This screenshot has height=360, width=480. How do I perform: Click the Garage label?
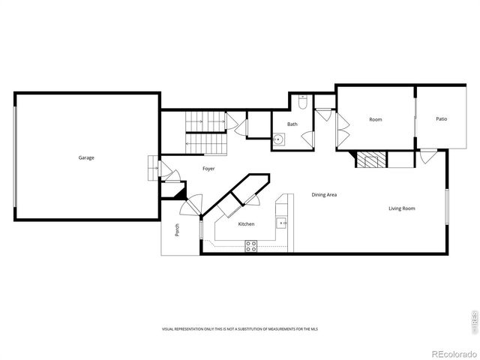[86, 157]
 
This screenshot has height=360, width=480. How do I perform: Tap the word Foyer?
[208, 169]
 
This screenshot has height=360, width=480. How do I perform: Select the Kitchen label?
[246, 224]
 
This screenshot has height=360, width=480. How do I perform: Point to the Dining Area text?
[324, 195]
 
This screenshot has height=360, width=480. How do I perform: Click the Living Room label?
[401, 208]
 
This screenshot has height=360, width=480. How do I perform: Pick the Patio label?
[442, 119]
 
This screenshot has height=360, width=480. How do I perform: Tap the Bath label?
[292, 124]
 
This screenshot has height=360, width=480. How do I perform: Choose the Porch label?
[177, 231]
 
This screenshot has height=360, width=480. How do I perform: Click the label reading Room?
[375, 120]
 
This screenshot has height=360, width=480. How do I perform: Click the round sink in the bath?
[279, 138]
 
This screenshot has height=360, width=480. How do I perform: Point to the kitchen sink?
[282, 222]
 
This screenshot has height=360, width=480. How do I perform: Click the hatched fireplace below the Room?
[370, 159]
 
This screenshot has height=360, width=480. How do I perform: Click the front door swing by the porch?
[193, 204]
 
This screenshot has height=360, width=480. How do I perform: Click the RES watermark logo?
[472, 319]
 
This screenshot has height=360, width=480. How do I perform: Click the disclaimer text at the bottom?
[239, 330]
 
